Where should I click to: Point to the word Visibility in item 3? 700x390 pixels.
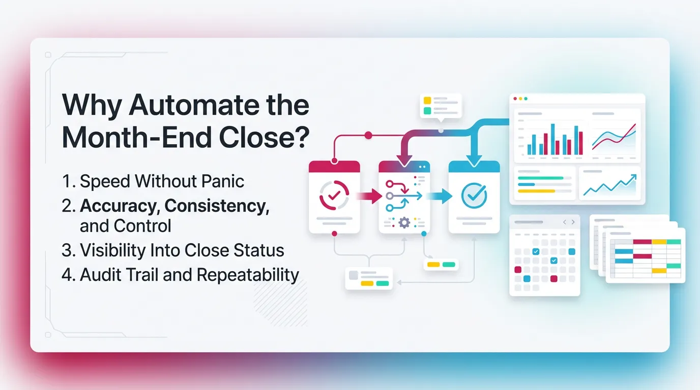pos(112,250)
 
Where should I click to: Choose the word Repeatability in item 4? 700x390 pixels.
pos(248,275)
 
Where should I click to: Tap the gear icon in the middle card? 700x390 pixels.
pos(404,222)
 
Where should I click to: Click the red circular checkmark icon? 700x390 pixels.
pos(334,195)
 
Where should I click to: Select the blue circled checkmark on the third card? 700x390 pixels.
pos(474,195)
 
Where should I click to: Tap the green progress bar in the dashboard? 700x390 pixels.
pos(540,178)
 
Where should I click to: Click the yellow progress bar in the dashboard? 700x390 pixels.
pos(536,190)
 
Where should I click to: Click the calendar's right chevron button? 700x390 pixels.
pos(573,222)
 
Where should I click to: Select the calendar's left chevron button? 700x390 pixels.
pos(564,222)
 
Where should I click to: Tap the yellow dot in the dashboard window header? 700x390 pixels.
pos(520,99)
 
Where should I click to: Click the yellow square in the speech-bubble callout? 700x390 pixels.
pos(427,101)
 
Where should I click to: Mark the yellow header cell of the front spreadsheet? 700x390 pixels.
pos(659,242)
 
